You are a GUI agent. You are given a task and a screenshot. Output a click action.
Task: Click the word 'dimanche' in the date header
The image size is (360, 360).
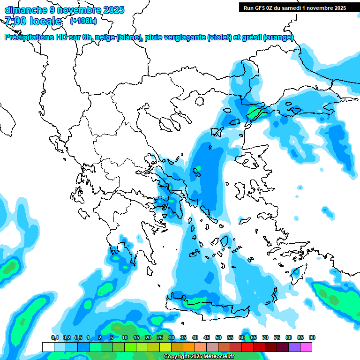(x=24, y=10)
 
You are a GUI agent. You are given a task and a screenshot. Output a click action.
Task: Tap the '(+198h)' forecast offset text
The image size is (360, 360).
(x=83, y=21)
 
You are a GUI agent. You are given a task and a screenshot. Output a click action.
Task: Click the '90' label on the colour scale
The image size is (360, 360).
(x=312, y=337)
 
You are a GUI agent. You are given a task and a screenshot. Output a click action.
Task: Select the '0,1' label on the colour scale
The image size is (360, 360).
(x=55, y=337)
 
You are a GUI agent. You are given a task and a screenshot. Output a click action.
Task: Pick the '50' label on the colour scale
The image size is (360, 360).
(x=218, y=337)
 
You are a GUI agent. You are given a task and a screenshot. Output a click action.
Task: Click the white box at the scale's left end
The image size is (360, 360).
(x=48, y=347)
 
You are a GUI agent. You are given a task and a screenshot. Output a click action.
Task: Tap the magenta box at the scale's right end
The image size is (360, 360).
(x=306, y=347)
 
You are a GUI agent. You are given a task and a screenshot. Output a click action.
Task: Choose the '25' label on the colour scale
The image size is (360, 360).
(x=160, y=337)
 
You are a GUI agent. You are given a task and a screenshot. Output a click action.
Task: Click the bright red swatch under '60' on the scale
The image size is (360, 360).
(x=247, y=347)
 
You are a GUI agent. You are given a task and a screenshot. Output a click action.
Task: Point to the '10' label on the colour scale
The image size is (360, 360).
(x=125, y=337)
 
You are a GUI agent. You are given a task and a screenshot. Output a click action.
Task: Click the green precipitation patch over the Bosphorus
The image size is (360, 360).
(x=255, y=112)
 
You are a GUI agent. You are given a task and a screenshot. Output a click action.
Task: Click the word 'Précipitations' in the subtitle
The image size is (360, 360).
(x=30, y=37)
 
